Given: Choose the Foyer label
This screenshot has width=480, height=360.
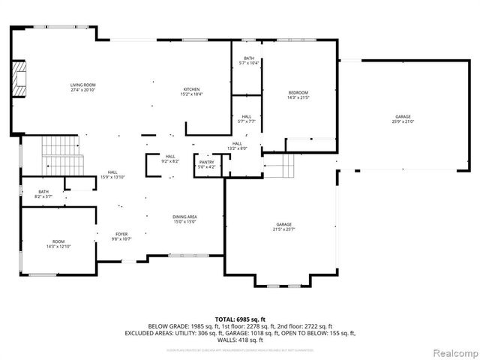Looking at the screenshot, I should pyautogui.click(x=121, y=236).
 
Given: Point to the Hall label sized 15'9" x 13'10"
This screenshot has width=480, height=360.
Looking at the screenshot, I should pyautogui.click(x=112, y=174).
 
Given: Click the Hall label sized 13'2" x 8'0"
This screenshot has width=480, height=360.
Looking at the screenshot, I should pyautogui.click(x=237, y=145).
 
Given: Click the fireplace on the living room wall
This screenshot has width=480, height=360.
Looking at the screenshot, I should pyautogui.click(x=17, y=79).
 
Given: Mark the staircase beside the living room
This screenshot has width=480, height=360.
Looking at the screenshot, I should pyautogui.click(x=60, y=154).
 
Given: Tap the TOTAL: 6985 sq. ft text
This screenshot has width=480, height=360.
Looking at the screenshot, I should pyautogui.click(x=239, y=319).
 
